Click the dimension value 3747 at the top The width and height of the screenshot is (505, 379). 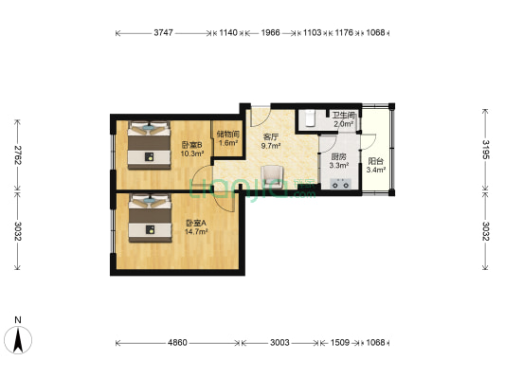163,32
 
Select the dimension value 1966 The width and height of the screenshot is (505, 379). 270,32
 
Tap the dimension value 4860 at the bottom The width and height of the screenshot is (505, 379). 177,343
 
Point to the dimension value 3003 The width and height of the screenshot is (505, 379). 280,343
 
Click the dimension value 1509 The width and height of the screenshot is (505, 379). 340,343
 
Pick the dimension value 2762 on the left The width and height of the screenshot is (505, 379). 18,154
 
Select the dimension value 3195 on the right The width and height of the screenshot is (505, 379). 486,150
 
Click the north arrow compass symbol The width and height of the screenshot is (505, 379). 18,340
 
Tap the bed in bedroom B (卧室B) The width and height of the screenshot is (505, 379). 149,145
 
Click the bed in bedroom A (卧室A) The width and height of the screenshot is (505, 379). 150,218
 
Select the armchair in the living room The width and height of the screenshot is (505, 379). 272,176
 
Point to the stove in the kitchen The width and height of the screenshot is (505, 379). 340,184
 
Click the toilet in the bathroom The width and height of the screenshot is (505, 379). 310,118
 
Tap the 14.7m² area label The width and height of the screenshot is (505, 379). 196,231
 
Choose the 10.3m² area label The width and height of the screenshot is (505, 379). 192,153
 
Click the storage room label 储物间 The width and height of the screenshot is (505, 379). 228,134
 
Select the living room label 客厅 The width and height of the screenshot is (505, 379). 271,137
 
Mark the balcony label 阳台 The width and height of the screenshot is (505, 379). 375,161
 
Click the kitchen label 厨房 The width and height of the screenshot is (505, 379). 339,157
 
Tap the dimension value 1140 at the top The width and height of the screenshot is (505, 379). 228,32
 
